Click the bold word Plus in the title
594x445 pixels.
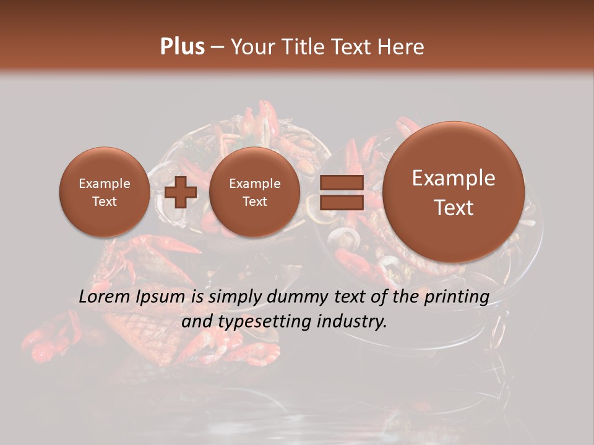[182, 47]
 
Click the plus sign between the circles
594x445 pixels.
[181, 192]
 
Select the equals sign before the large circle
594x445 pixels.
[341, 192]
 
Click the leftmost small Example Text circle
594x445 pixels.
[104, 192]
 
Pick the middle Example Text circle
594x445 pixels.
[254, 192]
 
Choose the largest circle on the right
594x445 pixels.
[454, 192]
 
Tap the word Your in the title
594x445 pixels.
[251, 47]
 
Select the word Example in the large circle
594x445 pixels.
[454, 178]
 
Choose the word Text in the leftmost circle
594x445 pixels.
[104, 201]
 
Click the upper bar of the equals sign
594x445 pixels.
[341, 182]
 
